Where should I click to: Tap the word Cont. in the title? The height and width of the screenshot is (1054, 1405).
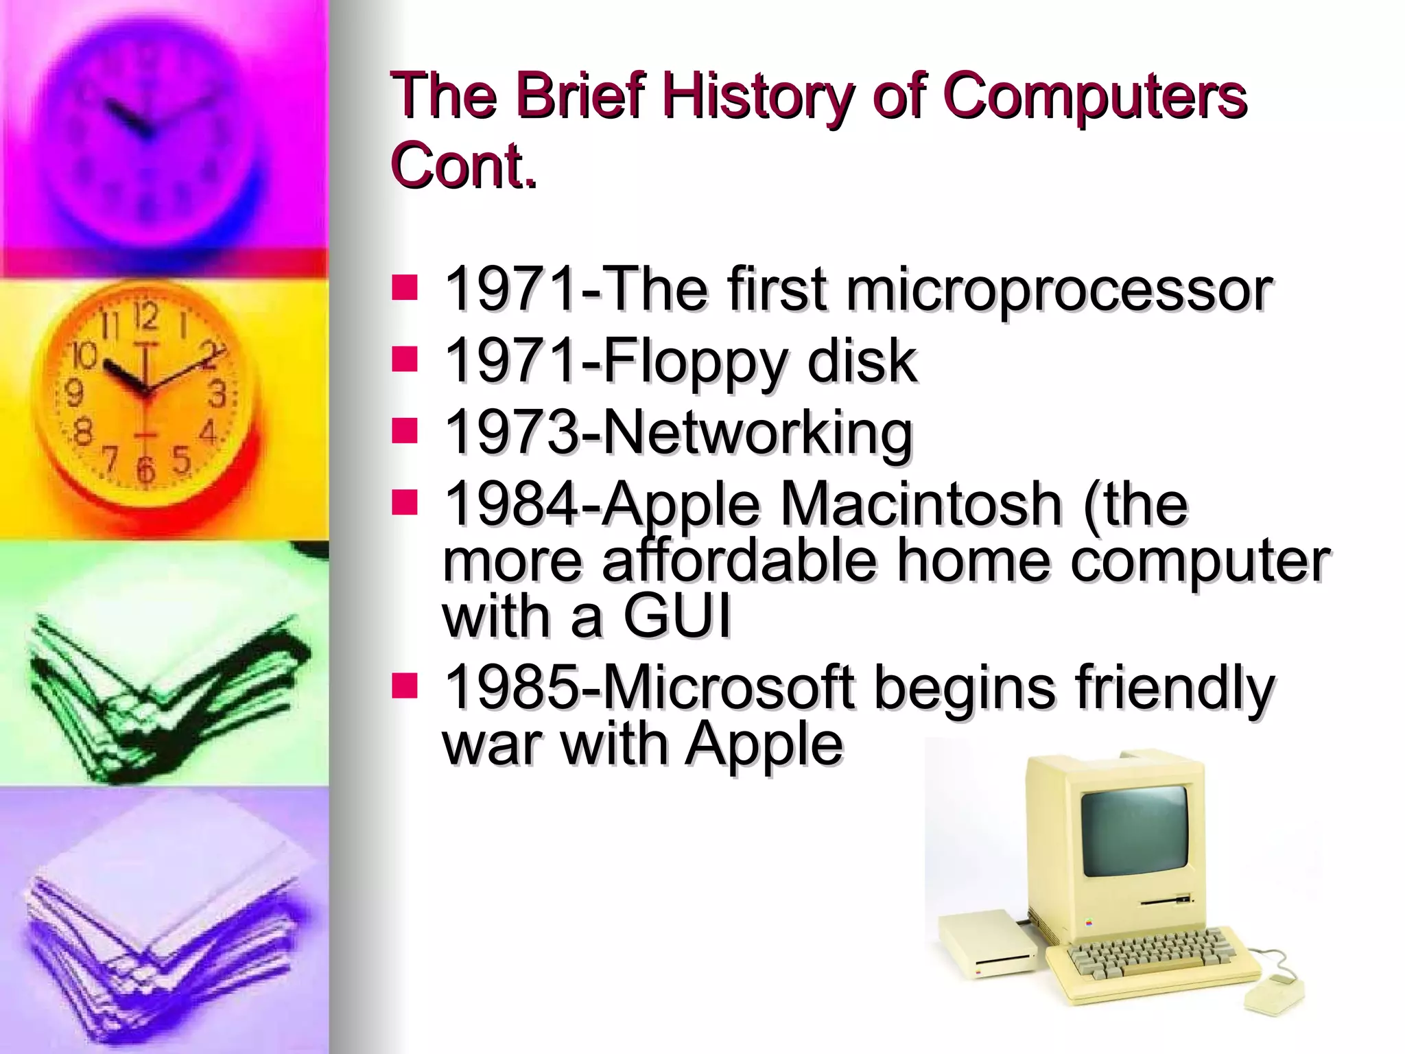coord(463,167)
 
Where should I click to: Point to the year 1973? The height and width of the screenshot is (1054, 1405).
coord(510,434)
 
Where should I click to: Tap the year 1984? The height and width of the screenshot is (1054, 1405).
coord(510,505)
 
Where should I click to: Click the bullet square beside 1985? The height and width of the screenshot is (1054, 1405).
coord(405,686)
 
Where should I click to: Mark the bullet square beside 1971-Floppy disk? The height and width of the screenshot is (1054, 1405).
coord(405,358)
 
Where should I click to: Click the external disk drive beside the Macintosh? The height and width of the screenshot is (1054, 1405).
coord(987,943)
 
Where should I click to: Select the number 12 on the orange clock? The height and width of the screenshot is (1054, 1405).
coord(146,318)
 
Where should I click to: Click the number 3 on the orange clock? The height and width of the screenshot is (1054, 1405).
coord(217,395)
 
